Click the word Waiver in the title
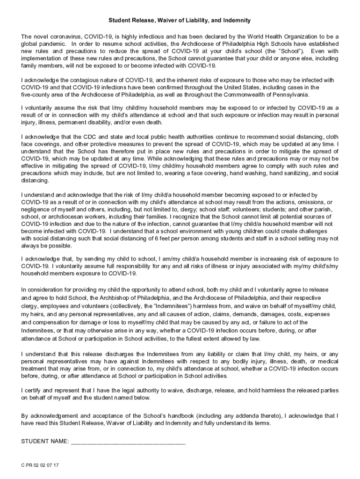(x=162, y=21)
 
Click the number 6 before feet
(x=194, y=238)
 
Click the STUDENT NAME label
(x=45, y=442)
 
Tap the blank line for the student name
(x=128, y=443)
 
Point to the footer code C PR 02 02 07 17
(x=40, y=466)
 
